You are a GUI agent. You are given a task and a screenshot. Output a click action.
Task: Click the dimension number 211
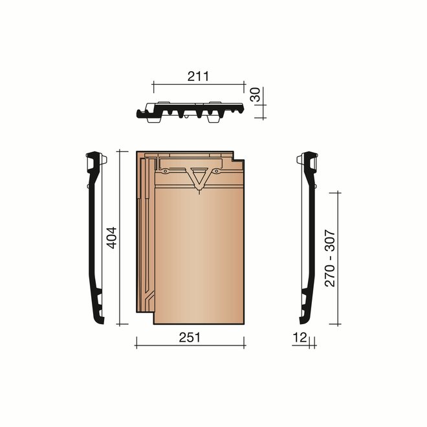pos(197,76)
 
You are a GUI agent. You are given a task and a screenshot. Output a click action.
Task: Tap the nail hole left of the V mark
pos(167,171)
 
